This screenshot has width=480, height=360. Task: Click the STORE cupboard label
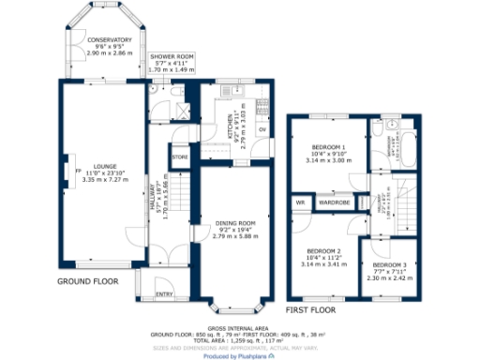coord(180,157)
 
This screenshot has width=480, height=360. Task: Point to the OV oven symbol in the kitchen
coord(262,129)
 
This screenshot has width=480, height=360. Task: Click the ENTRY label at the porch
coord(164,294)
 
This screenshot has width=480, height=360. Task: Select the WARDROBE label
coord(335,202)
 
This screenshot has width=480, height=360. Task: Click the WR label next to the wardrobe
coord(301,202)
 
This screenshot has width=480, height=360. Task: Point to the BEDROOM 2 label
coord(323,251)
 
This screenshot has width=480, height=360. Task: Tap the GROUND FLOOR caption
coord(86,281)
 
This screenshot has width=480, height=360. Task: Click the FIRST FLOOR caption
coord(310,308)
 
